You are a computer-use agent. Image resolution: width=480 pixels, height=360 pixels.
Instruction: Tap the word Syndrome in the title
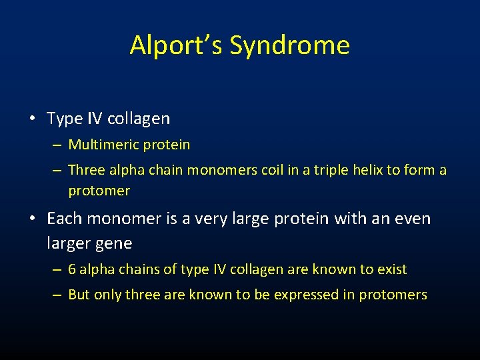coord(289,45)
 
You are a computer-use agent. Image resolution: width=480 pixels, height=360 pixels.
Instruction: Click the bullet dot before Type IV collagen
coord(33,119)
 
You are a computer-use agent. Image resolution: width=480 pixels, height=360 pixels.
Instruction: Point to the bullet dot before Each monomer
coord(33,219)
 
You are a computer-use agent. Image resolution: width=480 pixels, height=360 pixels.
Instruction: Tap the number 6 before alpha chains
coord(72,269)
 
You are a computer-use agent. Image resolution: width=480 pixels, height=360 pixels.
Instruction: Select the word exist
coord(391,269)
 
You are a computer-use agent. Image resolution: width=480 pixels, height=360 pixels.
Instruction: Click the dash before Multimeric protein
coord(56,145)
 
